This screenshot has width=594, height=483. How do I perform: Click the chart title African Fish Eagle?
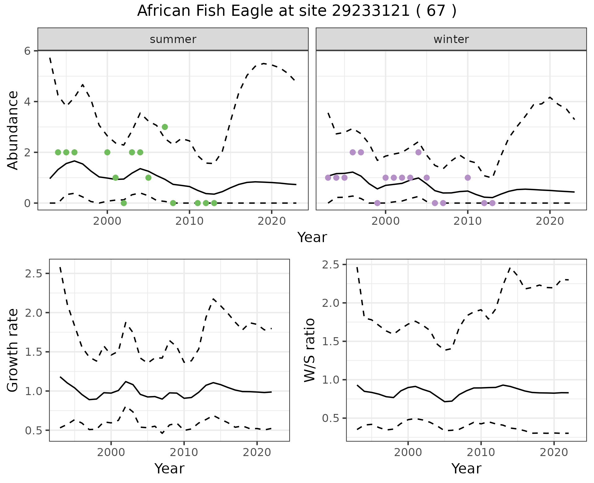(297, 11)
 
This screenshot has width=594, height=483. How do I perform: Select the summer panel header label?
(173, 39)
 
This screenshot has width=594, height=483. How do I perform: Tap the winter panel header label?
(451, 39)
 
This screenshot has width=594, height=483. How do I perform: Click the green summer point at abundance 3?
(165, 127)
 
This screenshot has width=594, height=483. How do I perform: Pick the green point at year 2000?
(107, 152)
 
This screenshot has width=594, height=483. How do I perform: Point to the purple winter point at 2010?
(468, 178)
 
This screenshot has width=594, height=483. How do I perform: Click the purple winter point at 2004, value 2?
(419, 152)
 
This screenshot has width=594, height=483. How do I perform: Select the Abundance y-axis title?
(13, 130)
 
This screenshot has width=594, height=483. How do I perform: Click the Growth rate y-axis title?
(13, 350)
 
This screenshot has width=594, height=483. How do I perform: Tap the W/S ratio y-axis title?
(310, 350)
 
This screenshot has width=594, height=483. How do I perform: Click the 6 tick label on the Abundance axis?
(28, 51)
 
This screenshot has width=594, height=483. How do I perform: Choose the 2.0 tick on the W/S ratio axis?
(330, 303)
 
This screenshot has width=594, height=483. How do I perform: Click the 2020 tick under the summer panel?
(271, 221)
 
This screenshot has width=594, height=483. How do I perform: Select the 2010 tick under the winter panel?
(468, 221)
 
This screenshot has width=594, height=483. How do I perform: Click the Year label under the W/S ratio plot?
(466, 469)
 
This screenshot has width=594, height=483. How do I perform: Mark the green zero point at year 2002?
(124, 203)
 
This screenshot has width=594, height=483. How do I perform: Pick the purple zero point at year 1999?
(377, 203)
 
